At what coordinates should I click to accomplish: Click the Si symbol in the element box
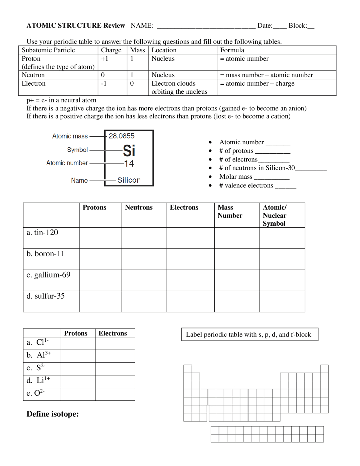(x=129, y=151)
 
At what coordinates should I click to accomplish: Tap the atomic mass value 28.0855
(x=121, y=136)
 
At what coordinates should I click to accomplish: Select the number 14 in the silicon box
(x=129, y=163)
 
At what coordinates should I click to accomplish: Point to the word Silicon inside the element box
(x=129, y=180)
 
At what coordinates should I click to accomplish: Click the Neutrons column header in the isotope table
(x=139, y=207)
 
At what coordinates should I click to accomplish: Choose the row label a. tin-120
(x=42, y=232)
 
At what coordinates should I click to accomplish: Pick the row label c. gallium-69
(x=48, y=275)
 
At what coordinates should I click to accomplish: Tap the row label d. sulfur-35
(x=45, y=296)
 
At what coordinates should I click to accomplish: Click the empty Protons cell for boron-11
(x=100, y=259)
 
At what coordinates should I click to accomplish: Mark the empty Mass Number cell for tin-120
(x=237, y=238)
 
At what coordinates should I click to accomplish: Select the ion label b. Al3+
(x=39, y=355)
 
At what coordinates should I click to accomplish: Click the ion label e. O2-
(x=35, y=393)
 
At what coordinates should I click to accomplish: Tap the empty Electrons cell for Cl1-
(x=115, y=344)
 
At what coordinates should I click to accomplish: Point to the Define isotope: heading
(x=53, y=414)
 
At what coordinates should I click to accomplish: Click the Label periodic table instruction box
(x=249, y=334)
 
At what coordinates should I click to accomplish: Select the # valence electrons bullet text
(x=246, y=185)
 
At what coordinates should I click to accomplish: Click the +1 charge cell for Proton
(x=105, y=59)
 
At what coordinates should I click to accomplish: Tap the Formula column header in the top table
(x=232, y=50)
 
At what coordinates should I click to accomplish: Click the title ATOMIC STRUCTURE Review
(x=76, y=26)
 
